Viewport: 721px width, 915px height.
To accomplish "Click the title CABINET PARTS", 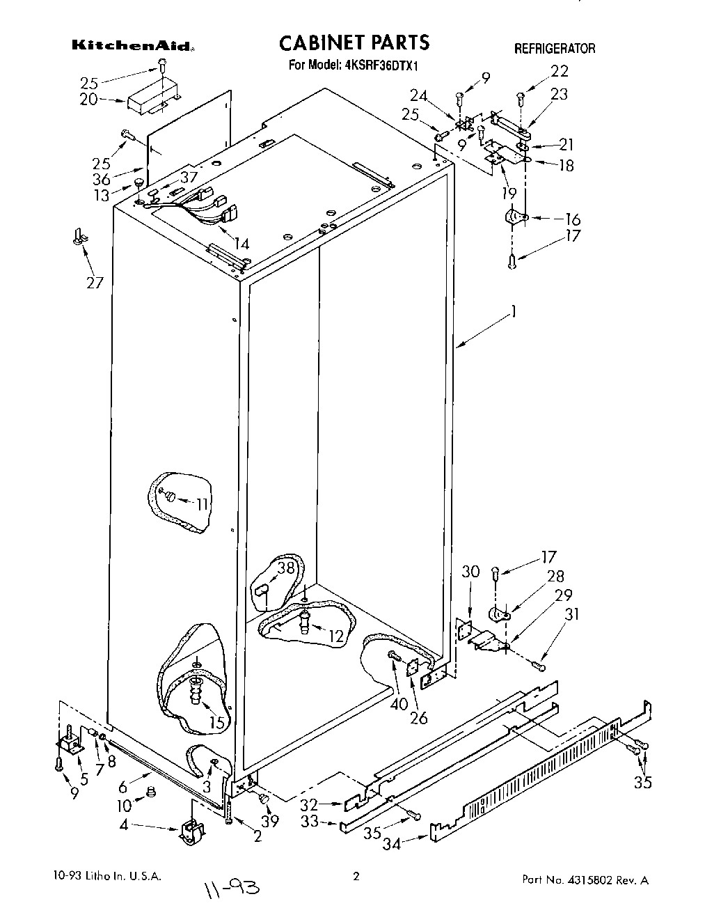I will click(354, 43).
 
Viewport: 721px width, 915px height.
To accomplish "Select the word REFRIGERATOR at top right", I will click(554, 49).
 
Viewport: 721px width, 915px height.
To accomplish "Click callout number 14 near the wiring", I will click(241, 244).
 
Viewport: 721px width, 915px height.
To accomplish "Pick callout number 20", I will click(88, 100).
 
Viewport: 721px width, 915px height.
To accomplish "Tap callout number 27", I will click(94, 282).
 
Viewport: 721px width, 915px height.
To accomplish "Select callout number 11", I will click(201, 503).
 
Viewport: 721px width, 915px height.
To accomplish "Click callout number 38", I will click(286, 568).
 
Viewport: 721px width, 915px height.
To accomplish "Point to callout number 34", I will click(392, 844).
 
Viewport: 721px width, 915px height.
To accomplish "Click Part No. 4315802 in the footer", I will click(585, 879).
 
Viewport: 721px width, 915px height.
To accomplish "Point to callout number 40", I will click(399, 704).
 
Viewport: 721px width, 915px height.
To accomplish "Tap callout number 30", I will click(471, 571).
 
